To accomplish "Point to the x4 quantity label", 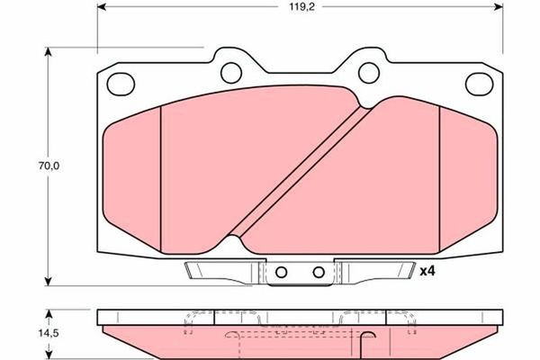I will [428, 269].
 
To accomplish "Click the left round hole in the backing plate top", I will [232, 71].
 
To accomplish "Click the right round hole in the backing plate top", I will [368, 71].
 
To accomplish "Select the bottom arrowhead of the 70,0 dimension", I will [47, 280].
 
